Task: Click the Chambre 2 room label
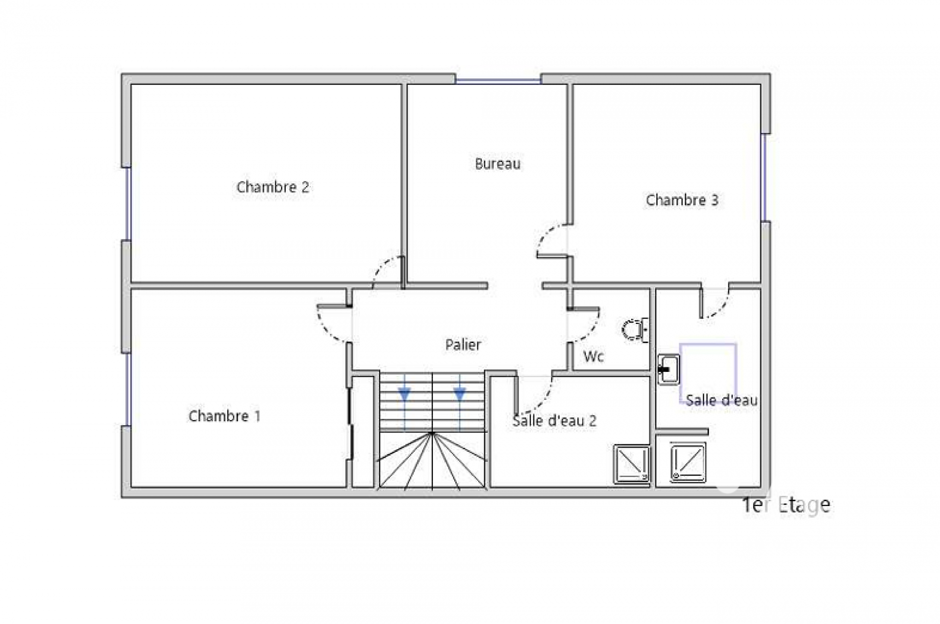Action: [273, 187]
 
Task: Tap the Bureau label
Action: [497, 163]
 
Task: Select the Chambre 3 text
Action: [682, 200]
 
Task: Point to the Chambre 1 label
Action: [224, 416]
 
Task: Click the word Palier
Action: [463, 345]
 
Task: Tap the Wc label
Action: [593, 356]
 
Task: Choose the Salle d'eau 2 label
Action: [554, 420]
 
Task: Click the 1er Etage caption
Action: [786, 505]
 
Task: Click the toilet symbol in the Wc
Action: [635, 330]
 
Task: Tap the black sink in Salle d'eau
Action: [668, 369]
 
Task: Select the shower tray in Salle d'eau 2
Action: [632, 464]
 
